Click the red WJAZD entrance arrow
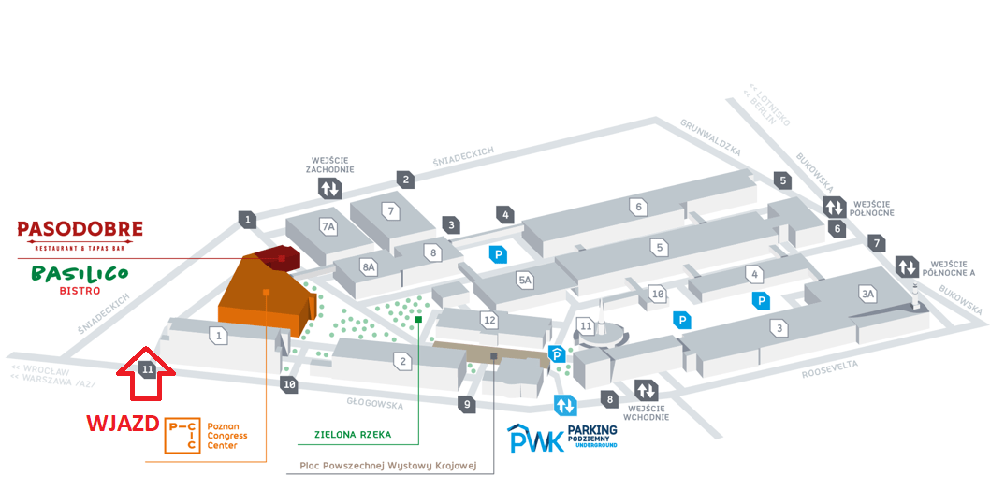tap(147, 373)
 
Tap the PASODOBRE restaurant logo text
tap(80, 229)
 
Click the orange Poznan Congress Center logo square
tap(182, 436)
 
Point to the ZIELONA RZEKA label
tap(352, 435)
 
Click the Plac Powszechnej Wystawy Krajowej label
tap(388, 465)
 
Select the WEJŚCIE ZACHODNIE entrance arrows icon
tap(329, 189)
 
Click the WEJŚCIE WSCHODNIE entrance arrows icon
tap(647, 390)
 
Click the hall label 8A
tap(369, 266)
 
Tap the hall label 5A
tap(525, 279)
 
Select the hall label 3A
tap(867, 294)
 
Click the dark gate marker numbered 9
tap(466, 404)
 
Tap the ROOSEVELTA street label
tap(830, 370)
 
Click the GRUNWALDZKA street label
tap(710, 137)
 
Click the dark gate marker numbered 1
tap(247, 220)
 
